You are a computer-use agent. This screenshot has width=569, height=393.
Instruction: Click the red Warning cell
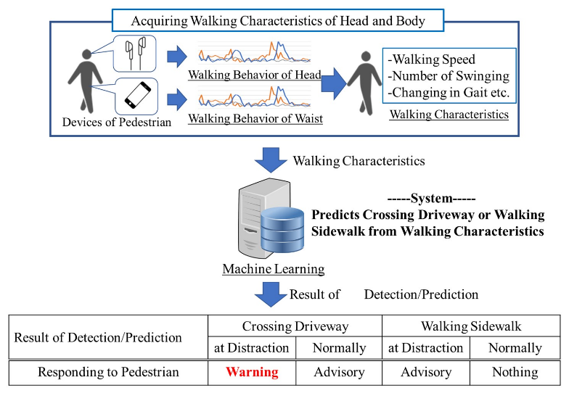click(252, 372)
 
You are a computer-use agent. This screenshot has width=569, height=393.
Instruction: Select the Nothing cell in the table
click(515, 372)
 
